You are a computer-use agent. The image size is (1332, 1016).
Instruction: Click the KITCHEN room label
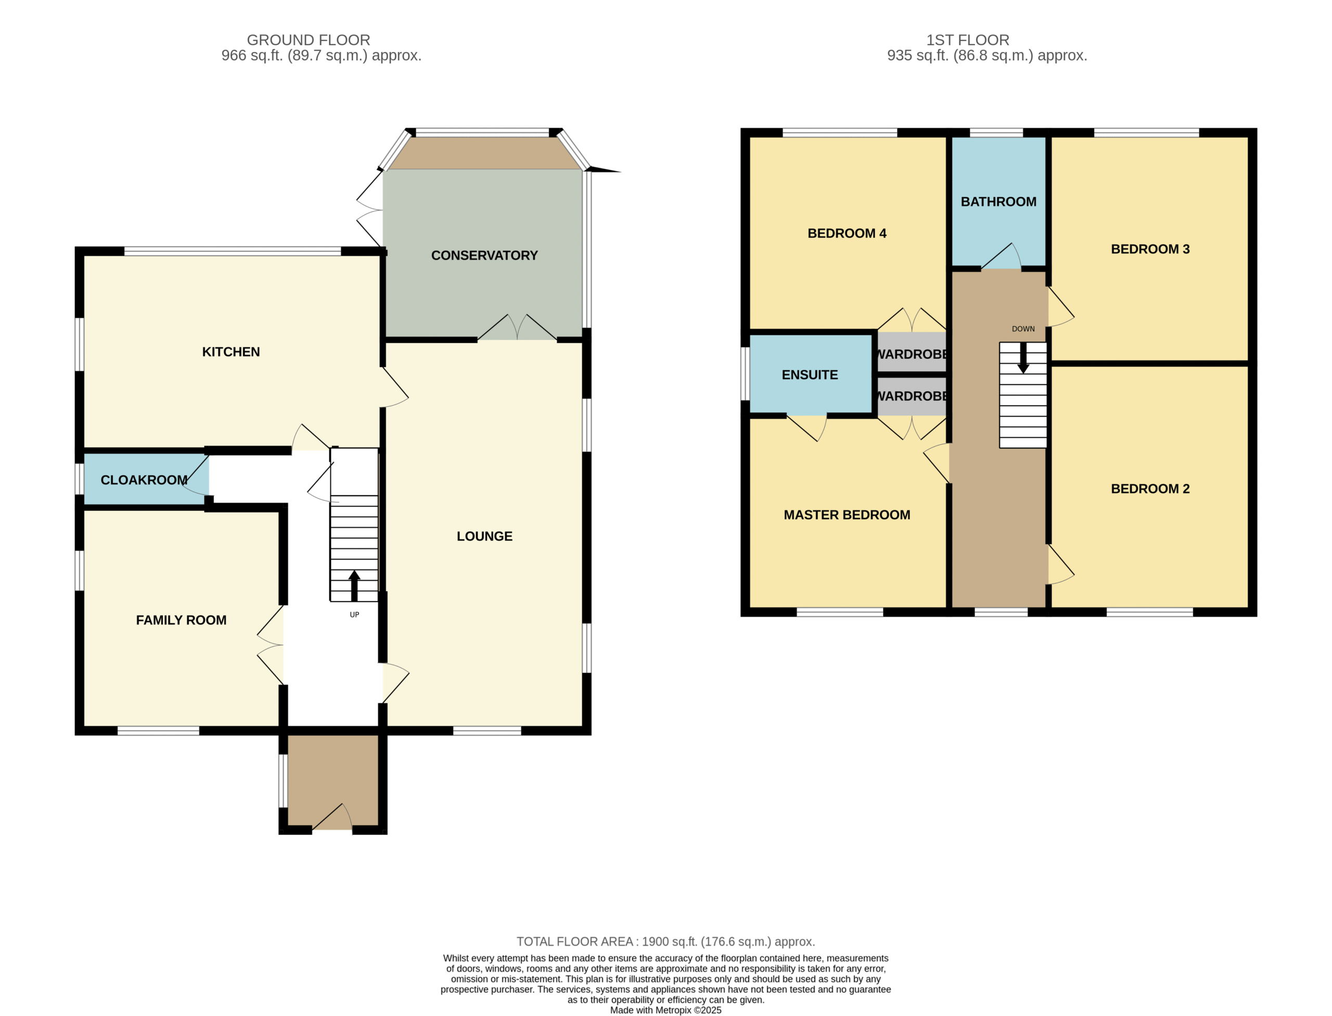coord(231,352)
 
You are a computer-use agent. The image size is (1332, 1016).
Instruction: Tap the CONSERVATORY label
coord(484,255)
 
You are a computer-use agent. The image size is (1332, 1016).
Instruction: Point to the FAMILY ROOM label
coord(182,620)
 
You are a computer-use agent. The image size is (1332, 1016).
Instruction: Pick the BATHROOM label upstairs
coord(998,201)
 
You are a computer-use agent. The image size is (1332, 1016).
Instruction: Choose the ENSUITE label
coord(810,374)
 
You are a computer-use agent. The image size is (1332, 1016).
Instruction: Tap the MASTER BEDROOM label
coord(847,515)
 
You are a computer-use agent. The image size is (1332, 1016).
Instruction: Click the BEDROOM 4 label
coord(847,233)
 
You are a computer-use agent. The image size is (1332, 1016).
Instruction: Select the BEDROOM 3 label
coord(1150,249)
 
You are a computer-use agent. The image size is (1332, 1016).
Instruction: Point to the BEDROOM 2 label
coord(1150,489)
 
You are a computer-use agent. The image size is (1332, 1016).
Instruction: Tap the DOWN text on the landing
coord(1023,329)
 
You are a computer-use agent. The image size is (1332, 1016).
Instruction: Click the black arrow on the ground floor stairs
coord(354,586)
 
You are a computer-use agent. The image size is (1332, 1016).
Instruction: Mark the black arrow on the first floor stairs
coord(1023,358)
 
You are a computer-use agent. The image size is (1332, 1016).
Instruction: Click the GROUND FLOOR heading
coord(309,40)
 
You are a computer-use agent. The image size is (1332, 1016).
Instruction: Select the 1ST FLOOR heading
coord(967,40)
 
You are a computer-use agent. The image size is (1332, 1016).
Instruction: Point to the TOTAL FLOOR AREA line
coord(665,942)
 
